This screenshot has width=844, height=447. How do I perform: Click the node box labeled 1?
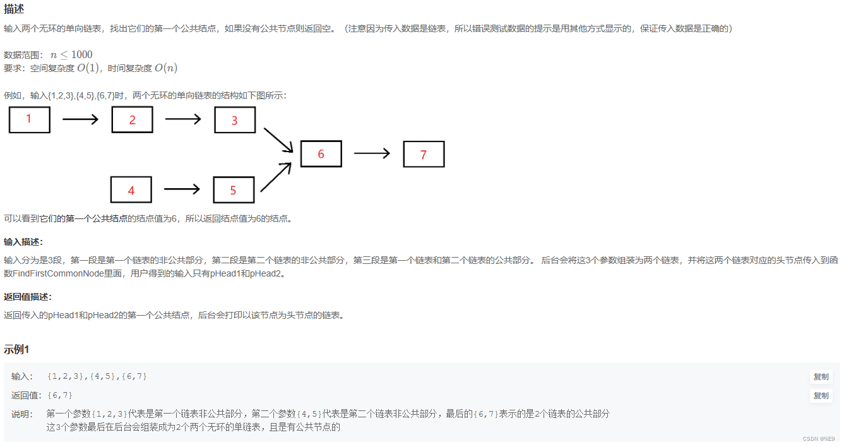click(x=29, y=119)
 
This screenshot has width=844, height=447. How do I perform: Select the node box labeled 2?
click(x=132, y=119)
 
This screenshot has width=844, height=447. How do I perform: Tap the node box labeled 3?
click(x=234, y=120)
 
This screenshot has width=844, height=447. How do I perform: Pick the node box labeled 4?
click(x=131, y=189)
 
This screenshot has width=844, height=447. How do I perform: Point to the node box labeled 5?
click(x=234, y=189)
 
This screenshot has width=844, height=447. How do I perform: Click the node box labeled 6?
click(x=321, y=154)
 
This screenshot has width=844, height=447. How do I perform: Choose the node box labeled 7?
click(x=424, y=154)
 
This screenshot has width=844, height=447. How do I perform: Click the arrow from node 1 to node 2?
click(x=81, y=119)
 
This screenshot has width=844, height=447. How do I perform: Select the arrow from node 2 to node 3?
click(x=183, y=119)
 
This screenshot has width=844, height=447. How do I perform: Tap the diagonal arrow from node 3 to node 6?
click(x=278, y=140)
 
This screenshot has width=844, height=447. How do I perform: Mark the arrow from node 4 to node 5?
click(x=182, y=189)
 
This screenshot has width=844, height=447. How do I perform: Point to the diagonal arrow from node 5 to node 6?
click(x=276, y=177)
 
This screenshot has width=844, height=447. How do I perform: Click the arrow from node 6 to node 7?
click(x=372, y=153)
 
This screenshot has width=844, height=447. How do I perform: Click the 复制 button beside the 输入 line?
click(x=821, y=377)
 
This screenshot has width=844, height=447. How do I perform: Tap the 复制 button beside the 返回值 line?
click(x=821, y=396)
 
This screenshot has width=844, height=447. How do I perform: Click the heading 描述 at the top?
click(x=14, y=9)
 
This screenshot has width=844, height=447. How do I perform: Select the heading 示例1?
click(x=17, y=349)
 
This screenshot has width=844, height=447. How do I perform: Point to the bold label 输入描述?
click(x=23, y=242)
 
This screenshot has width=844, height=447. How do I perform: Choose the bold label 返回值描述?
click(x=28, y=297)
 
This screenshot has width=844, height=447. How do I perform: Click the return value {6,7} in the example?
click(x=60, y=395)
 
